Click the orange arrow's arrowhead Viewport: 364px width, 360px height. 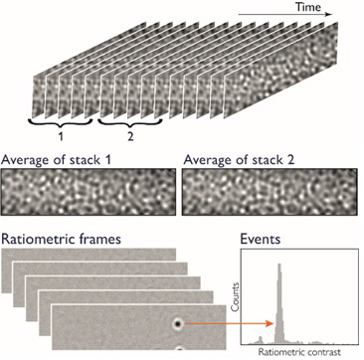point(269,323)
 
